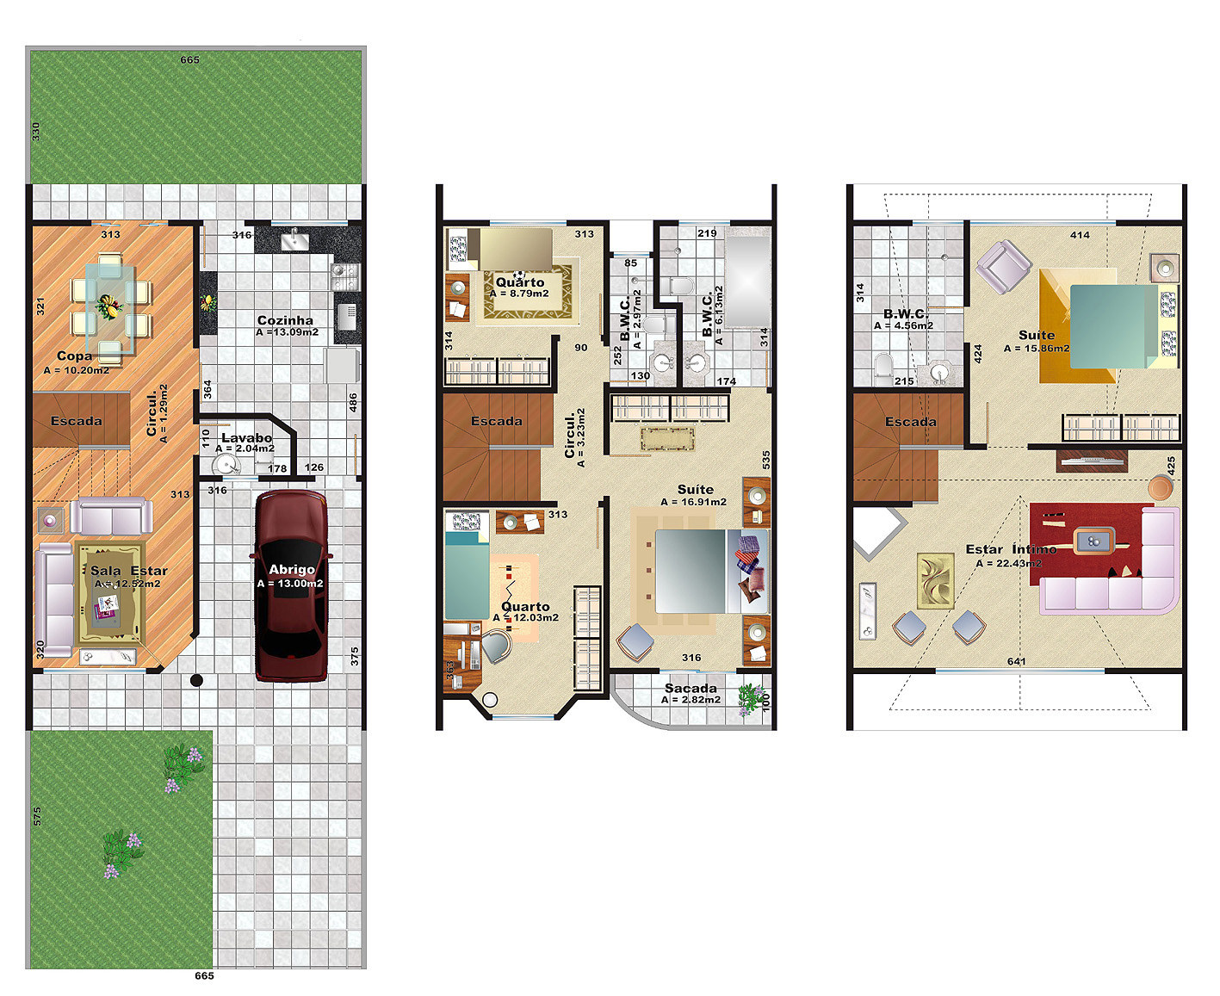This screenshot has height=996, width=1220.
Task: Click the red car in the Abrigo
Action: (x=291, y=585)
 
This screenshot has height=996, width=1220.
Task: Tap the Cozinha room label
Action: (x=285, y=320)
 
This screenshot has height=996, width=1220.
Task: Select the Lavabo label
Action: (x=246, y=438)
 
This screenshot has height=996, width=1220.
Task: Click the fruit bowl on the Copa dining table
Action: (x=108, y=306)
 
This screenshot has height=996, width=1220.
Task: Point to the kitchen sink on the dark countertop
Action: (x=294, y=239)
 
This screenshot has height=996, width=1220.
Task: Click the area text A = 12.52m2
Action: (x=127, y=584)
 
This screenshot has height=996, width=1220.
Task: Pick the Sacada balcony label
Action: (x=691, y=689)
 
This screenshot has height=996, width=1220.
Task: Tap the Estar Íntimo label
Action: (x=1011, y=549)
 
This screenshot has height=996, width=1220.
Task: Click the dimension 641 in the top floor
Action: (x=1016, y=661)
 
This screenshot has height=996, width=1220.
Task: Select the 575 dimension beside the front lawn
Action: (x=37, y=816)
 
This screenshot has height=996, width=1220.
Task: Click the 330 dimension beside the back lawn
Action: (x=36, y=132)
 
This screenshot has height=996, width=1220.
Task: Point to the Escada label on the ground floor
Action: (x=77, y=421)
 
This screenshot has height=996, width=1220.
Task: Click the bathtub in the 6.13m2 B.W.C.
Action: (x=748, y=277)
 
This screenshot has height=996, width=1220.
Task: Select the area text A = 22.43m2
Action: (x=1009, y=563)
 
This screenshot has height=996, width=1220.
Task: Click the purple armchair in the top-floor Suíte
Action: (x=1003, y=267)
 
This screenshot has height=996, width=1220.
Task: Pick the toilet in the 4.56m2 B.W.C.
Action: (x=883, y=369)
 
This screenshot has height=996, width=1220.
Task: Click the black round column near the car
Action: (x=196, y=680)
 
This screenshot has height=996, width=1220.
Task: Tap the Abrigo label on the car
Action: (x=292, y=569)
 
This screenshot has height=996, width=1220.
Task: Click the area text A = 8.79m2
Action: (x=519, y=294)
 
